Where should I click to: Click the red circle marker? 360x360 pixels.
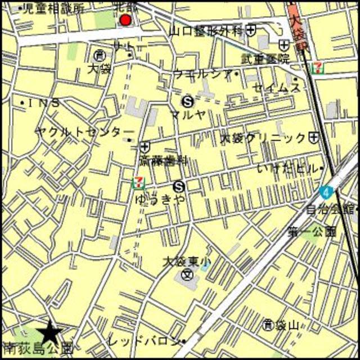coord(125,21)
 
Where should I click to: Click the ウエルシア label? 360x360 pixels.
coord(203,73)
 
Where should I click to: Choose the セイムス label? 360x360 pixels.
coord(276,87)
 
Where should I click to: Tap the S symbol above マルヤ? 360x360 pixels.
coord(188,102)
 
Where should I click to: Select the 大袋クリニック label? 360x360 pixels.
coord(263,138)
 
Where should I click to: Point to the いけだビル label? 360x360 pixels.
coord(287,168)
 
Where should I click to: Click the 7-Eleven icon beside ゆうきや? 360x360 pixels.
coord(137,182)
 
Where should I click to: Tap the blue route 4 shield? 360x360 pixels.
coord(325,192)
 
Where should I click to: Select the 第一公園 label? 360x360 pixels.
coord(312,231)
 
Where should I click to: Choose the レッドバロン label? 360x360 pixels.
coord(151,341)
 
